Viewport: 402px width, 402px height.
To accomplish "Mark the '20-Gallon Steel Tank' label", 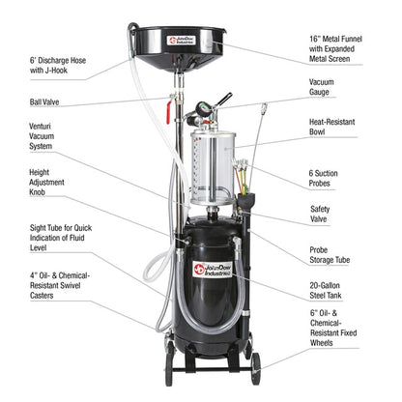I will point(354,290).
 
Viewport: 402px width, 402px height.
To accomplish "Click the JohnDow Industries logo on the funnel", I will point(184,42).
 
